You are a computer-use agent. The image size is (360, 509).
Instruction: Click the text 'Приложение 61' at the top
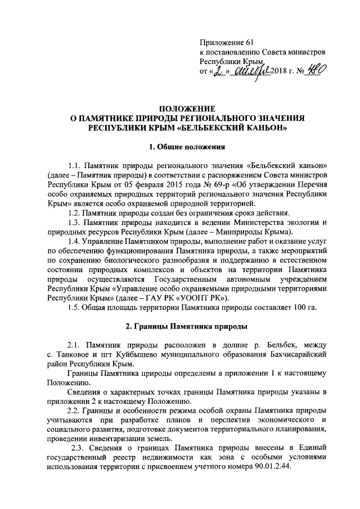tap(227, 43)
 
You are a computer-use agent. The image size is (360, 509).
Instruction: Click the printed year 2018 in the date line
tap(279, 72)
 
